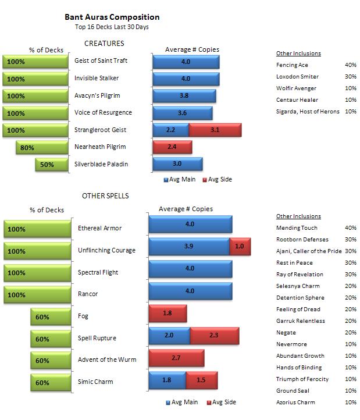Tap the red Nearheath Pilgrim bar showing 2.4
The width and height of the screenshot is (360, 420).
click(x=172, y=147)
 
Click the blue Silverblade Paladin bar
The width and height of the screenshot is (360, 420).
click(x=177, y=164)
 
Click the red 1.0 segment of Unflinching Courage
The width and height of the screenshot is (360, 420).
click(x=240, y=247)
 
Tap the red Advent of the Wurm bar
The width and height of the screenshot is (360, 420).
click(x=176, y=358)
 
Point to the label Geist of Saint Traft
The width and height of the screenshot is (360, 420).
click(x=101, y=60)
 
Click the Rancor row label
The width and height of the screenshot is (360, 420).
click(x=87, y=294)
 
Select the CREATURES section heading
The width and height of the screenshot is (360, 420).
click(x=104, y=44)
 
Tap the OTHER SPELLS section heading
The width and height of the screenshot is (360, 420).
click(x=105, y=196)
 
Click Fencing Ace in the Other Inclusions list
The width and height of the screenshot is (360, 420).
click(x=292, y=65)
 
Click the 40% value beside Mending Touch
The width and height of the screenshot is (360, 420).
click(x=350, y=228)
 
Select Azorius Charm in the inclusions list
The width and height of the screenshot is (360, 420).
click(x=294, y=403)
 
